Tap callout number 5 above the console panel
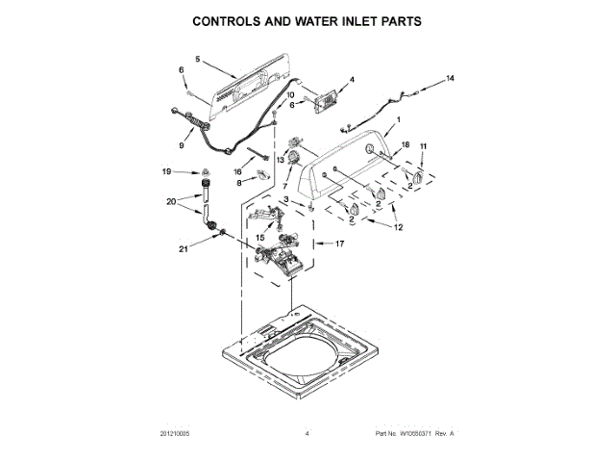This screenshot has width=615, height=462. pos(198,60)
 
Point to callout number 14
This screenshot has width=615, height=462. pos(450,77)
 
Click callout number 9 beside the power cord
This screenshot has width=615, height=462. pos(180,145)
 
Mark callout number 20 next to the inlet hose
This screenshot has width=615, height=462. pos(171,202)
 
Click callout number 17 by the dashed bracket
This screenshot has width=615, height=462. pos(338,244)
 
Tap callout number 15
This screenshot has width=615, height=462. pos(258,236)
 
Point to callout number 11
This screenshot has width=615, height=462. pos(424,146)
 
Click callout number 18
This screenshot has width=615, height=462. pos(405,144)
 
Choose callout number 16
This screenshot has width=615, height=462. pos(238,171)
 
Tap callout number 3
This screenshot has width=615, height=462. pos(285,199)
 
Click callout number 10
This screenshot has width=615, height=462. pos(291,95)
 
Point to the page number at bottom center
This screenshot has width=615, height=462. pos(307,434)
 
